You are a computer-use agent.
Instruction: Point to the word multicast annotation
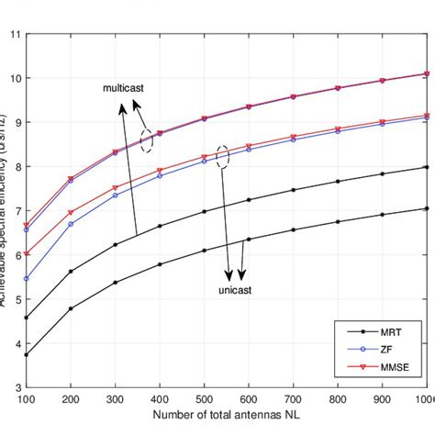pos(123,89)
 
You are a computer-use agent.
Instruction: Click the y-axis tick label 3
pos(16,387)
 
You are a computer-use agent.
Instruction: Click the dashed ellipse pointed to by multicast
pos(146,140)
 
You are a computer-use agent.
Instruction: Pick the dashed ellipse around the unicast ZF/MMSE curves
pos(222,156)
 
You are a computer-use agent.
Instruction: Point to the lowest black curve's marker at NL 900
pos(382,215)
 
